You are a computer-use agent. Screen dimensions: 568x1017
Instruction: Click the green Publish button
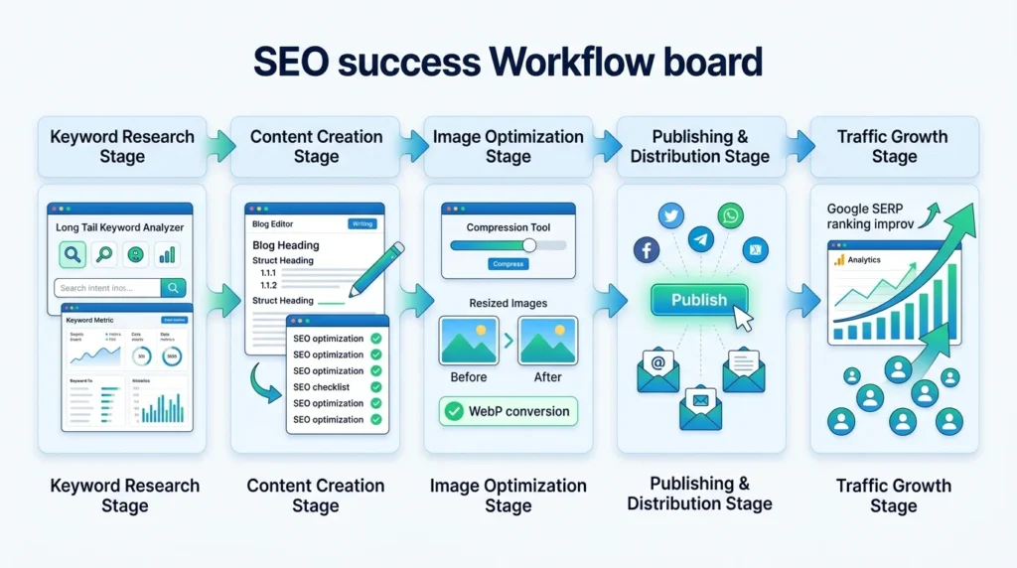pos(698,300)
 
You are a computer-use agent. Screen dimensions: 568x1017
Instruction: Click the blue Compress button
pos(508,264)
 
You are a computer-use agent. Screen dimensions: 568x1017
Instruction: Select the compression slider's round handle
pos(528,245)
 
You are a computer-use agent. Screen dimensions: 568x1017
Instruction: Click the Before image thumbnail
pos(469,341)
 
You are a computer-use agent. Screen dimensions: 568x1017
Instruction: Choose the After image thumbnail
pos(547,341)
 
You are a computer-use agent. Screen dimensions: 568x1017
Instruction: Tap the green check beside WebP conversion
pos(454,411)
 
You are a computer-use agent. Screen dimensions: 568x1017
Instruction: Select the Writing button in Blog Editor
pos(363,224)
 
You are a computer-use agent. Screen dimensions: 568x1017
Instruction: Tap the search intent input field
pos(107,288)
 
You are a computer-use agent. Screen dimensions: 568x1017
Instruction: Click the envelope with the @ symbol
pos(657,369)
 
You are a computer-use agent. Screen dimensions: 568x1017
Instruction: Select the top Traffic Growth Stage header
pos(894,146)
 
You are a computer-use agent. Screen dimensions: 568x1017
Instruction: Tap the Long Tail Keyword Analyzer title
pos(119,227)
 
